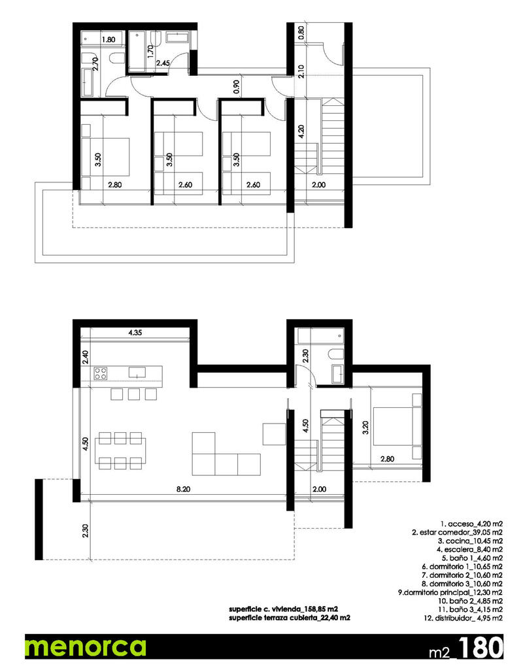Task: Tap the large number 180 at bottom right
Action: click(481, 647)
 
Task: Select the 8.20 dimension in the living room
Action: click(183, 488)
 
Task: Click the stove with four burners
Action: click(101, 373)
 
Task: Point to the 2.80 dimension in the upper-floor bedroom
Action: click(116, 185)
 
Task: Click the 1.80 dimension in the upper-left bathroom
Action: click(109, 39)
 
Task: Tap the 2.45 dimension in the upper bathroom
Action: click(163, 63)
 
